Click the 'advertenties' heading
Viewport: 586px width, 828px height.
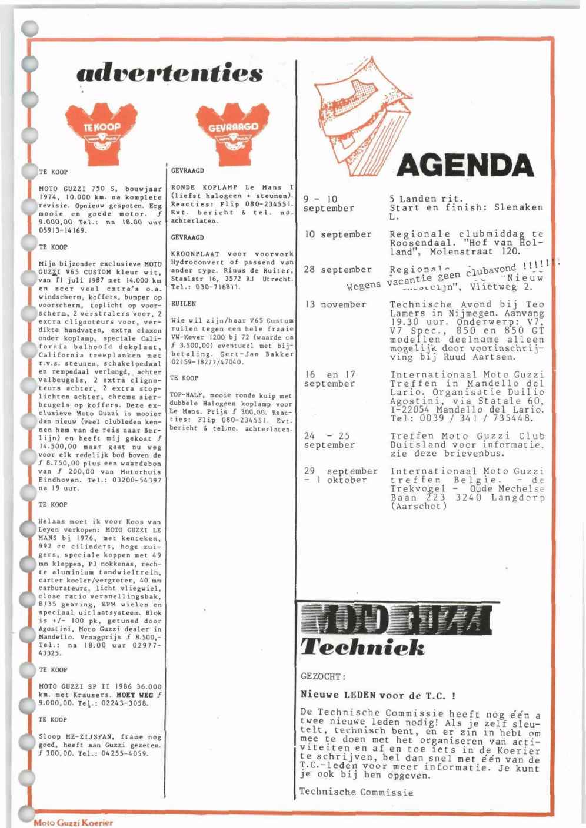coord(169,73)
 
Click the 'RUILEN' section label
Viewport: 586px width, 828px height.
coord(184,304)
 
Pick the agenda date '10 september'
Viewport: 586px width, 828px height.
coord(338,234)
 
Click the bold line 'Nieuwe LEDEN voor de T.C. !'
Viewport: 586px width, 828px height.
coord(378,695)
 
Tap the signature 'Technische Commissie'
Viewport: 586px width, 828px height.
coord(357,792)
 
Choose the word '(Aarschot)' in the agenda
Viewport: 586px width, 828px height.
coord(418,507)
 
